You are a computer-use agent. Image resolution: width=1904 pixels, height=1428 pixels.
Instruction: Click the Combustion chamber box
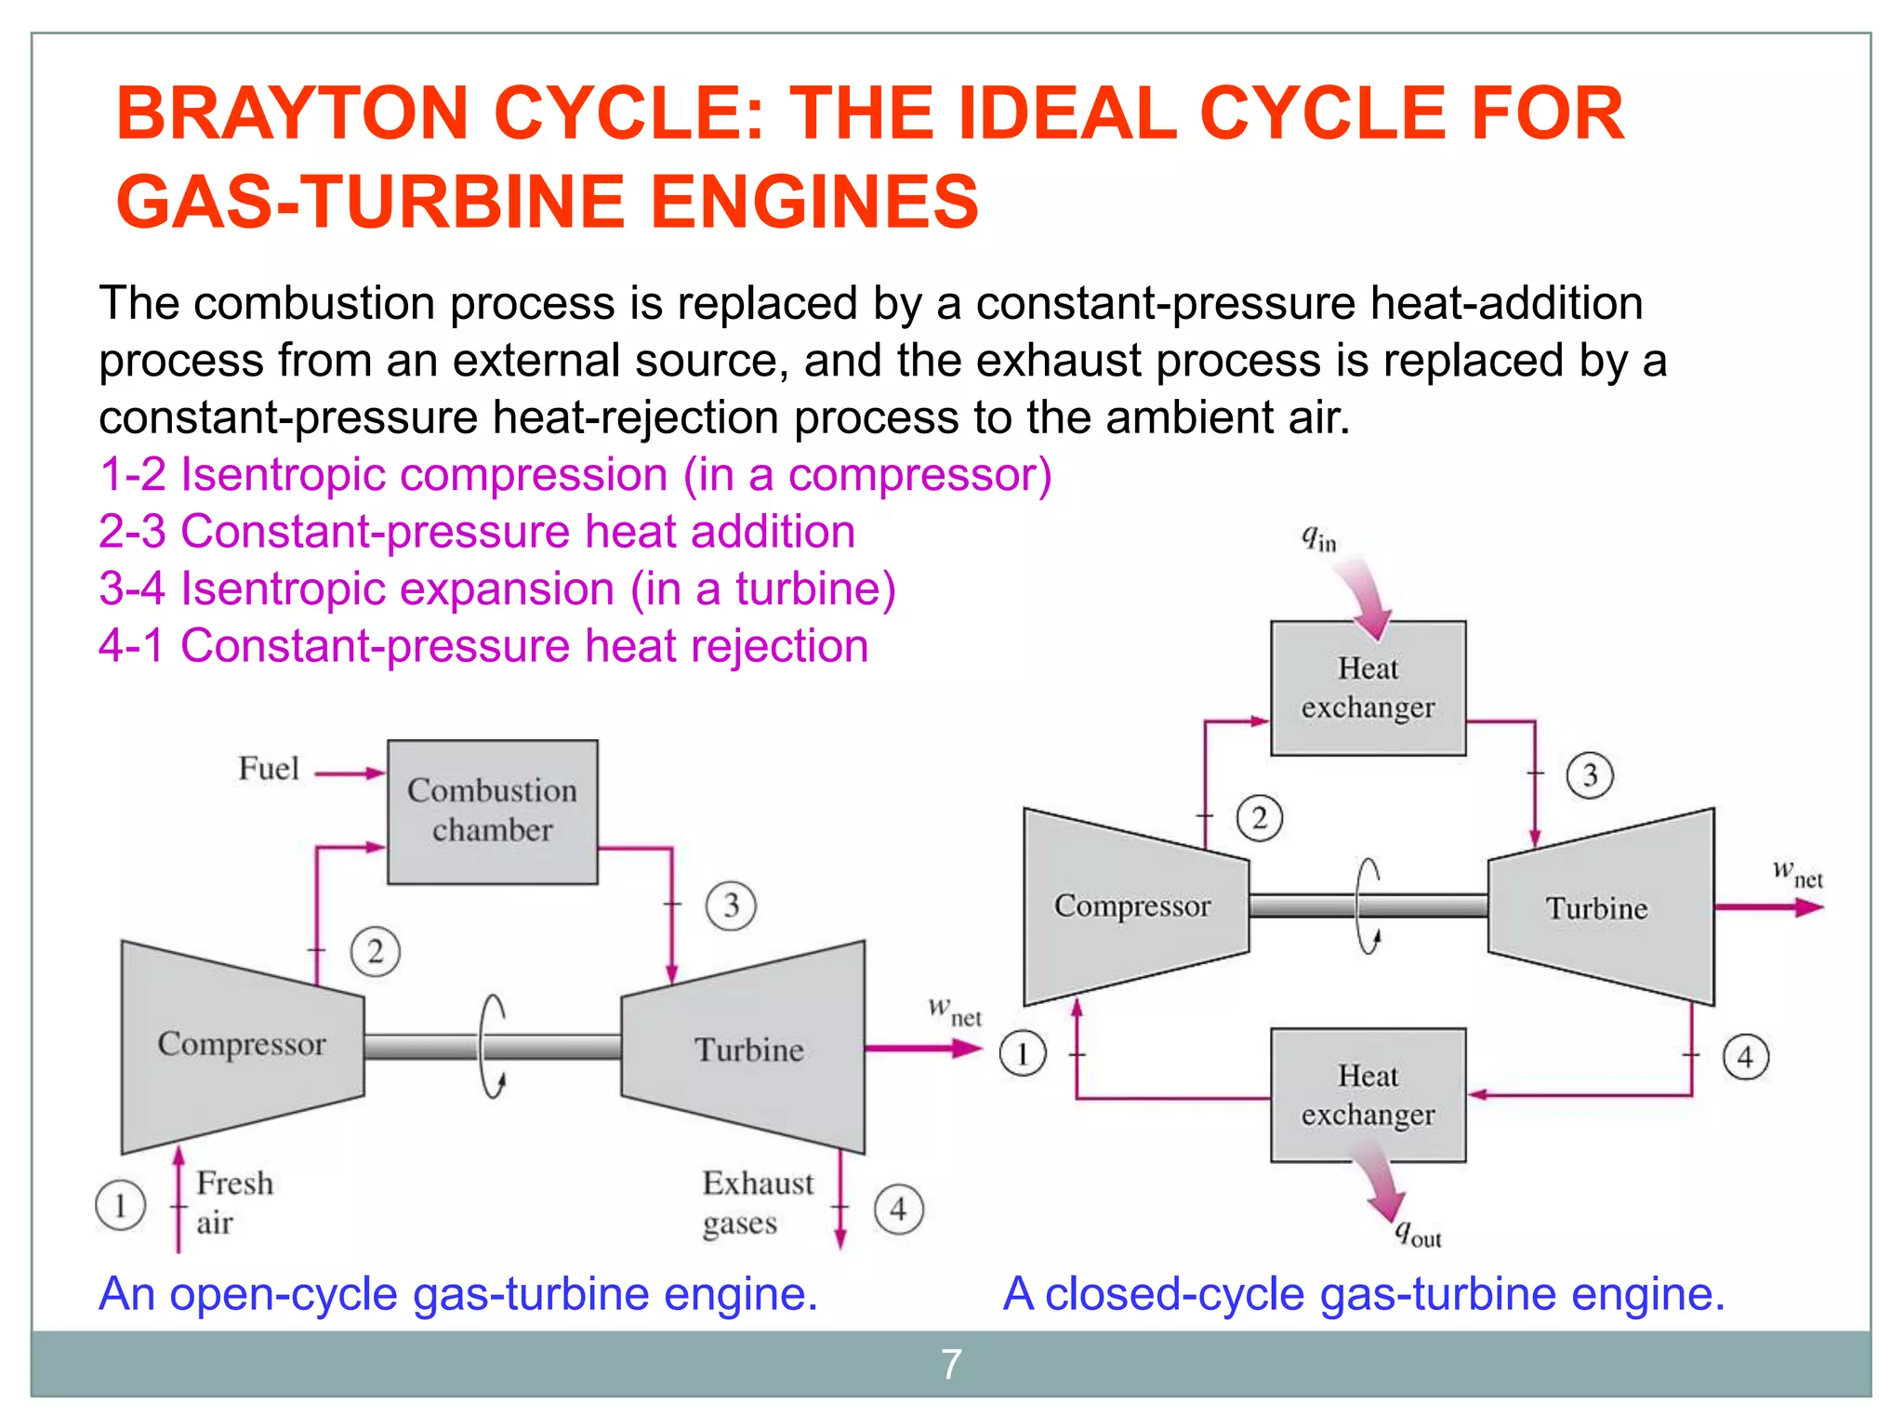coord(492,811)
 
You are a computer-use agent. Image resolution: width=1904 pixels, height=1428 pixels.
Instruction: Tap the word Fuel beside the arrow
coord(269,769)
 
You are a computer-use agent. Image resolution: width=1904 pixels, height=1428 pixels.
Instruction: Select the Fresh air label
coord(234,1202)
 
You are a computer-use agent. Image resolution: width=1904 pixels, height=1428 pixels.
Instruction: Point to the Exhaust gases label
coord(757,1202)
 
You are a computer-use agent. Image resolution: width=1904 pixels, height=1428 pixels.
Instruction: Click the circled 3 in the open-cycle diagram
coord(731,906)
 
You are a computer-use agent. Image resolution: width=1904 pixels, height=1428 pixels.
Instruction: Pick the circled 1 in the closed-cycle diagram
coord(1023,1054)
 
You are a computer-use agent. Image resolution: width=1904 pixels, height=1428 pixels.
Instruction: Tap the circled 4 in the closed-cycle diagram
coord(1745,1057)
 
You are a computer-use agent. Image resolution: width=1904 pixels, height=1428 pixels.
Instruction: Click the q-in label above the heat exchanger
coord(1318,538)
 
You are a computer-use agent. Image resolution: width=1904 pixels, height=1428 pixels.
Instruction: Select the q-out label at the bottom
coord(1418,1234)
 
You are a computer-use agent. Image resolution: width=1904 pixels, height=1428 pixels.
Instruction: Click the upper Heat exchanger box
coord(1368,688)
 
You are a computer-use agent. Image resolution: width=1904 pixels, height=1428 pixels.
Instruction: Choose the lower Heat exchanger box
coord(1368,1094)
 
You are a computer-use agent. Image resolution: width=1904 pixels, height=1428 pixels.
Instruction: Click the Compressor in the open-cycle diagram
coord(242,1045)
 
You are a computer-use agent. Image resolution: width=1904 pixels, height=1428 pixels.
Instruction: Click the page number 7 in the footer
coord(951,1365)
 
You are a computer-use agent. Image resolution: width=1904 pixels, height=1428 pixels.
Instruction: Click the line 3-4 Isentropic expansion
coord(497,588)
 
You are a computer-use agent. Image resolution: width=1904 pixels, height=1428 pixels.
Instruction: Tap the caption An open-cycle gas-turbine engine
coord(458,1293)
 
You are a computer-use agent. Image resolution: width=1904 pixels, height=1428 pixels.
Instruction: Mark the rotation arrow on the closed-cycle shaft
coord(1368,906)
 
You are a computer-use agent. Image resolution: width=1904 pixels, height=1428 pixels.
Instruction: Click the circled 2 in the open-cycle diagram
coord(375,952)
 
